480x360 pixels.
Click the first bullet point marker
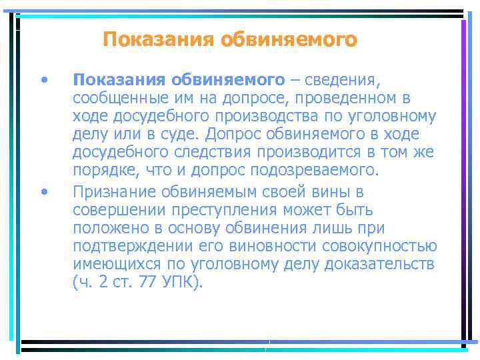click(43, 81)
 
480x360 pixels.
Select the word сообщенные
click(113, 99)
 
